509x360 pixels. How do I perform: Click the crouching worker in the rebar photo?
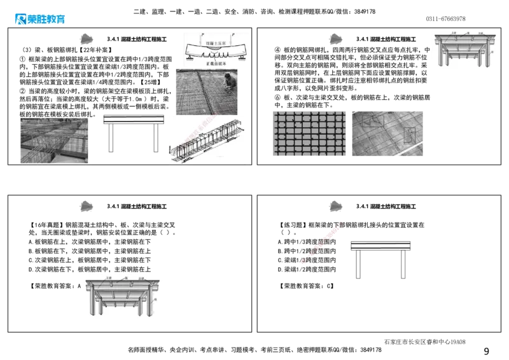230,82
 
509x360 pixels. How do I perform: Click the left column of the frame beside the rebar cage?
111,137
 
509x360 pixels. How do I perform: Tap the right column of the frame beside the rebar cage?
156,137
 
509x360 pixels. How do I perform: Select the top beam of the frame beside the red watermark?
381,246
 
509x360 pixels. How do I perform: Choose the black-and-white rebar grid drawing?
308,132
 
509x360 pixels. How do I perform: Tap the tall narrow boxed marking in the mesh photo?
409,137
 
